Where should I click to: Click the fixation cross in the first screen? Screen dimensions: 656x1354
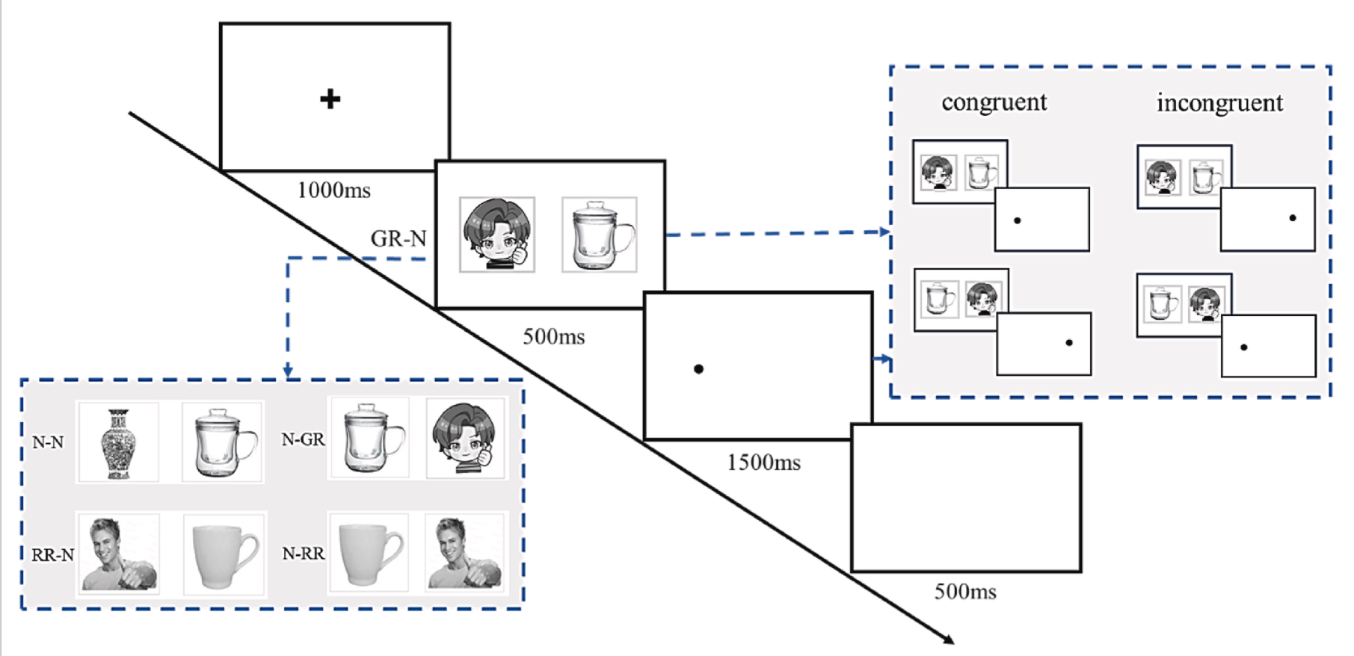[330, 99]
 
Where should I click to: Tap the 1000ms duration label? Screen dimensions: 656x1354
[333, 191]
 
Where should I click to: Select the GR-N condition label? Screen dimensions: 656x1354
[398, 239]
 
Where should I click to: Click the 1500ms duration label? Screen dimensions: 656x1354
[763, 463]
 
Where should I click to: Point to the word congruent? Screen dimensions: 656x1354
[994, 102]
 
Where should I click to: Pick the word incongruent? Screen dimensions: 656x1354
[1219, 103]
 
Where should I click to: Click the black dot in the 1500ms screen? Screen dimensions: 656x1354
[698, 369]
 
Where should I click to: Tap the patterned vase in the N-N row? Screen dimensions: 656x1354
[118, 443]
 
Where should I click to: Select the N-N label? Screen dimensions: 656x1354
[48, 442]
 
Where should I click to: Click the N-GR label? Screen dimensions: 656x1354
[303, 440]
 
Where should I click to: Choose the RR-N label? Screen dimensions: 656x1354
[52, 555]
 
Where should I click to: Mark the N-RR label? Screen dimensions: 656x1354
[303, 554]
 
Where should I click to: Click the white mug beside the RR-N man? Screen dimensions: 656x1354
[225, 554]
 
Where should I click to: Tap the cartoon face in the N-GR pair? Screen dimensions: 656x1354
[465, 439]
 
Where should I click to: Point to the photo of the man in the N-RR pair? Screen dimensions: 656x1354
[464, 553]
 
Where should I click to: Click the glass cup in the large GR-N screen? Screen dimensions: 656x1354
[600, 235]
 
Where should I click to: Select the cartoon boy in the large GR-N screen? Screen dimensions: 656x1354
[497, 235]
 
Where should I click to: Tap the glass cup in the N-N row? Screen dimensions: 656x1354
[224, 442]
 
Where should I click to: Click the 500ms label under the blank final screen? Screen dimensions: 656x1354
[964, 592]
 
